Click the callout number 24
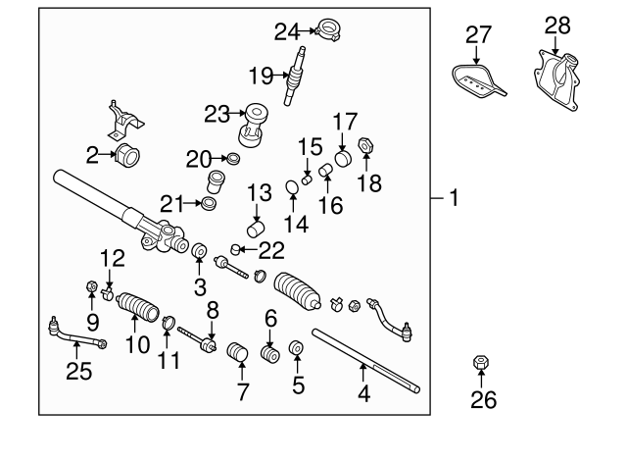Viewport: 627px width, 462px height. (285, 31)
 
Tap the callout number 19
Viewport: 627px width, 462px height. (259, 75)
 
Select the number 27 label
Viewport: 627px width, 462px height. (477, 35)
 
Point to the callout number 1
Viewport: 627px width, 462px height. (454, 196)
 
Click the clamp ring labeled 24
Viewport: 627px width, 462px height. (328, 31)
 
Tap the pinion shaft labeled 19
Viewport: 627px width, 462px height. (292, 78)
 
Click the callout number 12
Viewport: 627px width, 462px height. (114, 259)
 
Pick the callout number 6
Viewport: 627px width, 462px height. (270, 318)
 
